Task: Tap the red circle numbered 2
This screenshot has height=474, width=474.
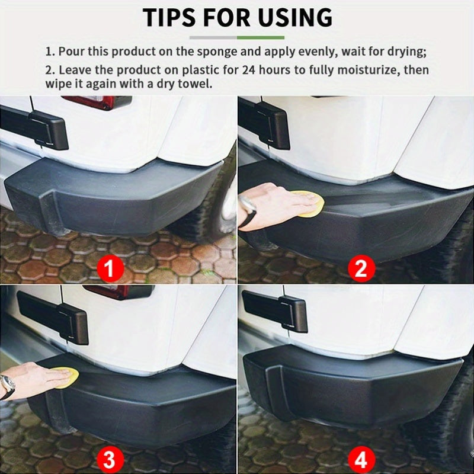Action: point(360,269)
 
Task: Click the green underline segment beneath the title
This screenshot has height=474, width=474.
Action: point(261,37)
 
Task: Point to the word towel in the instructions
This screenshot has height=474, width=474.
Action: point(194,84)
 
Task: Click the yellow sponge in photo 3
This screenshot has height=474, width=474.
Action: point(65,377)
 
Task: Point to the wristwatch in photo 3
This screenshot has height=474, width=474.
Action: point(7,386)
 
